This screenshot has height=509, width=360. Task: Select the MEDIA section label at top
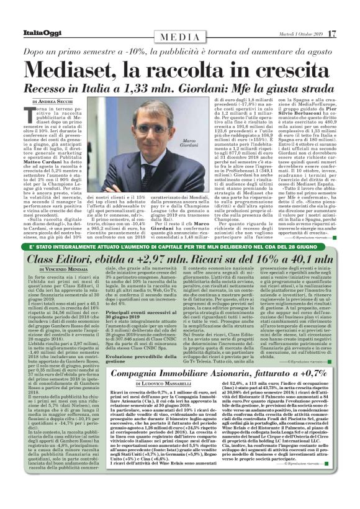(x=179, y=37)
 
